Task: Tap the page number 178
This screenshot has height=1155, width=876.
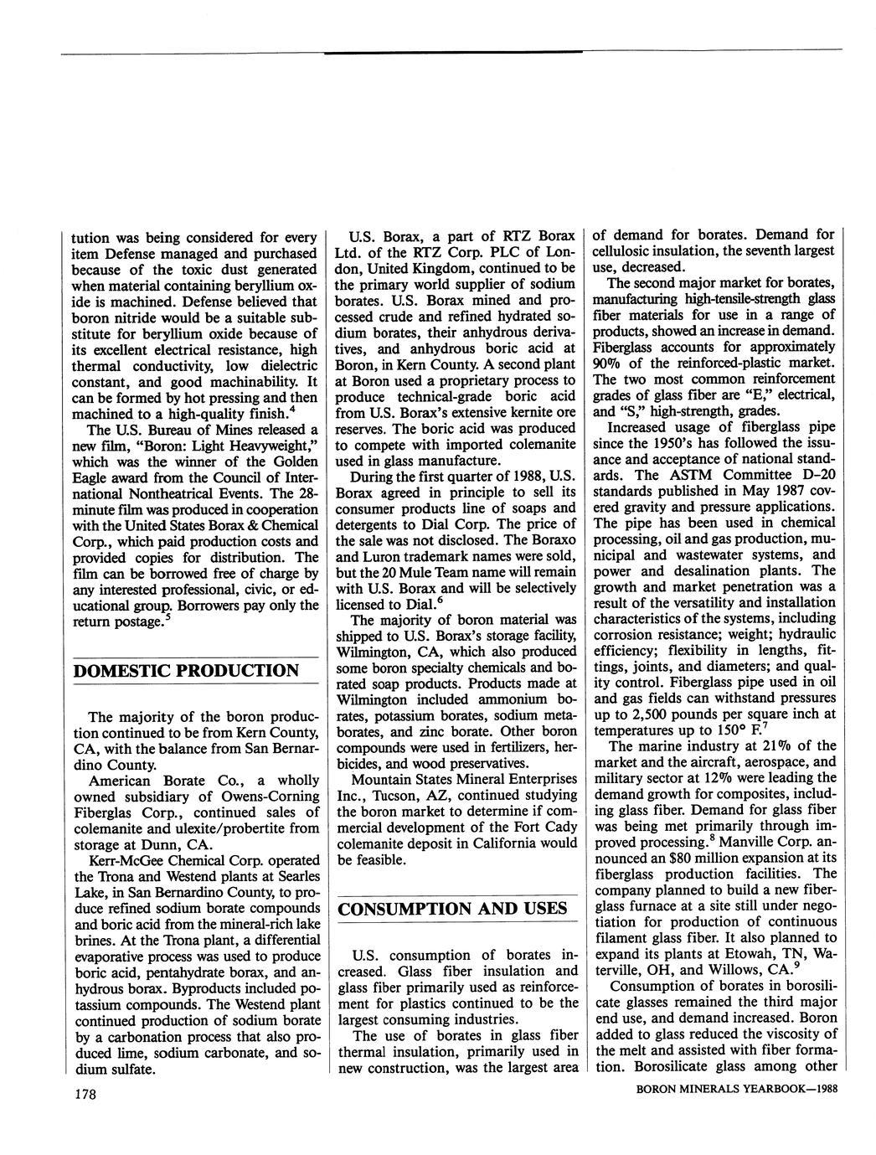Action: pyautogui.click(x=86, y=1095)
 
